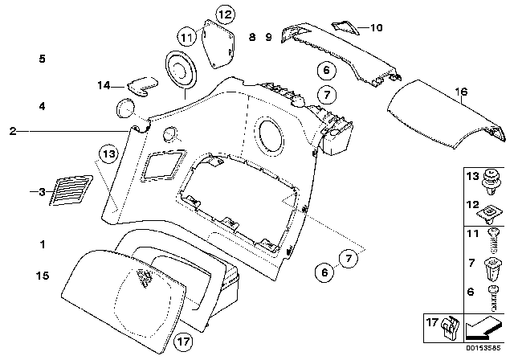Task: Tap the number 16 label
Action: (x=459, y=92)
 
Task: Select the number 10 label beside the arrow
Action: (x=376, y=27)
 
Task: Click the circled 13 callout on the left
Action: (x=109, y=152)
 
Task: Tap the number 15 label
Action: (x=43, y=276)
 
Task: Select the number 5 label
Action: (x=43, y=59)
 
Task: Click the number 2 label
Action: (x=13, y=130)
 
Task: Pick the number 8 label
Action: (x=251, y=38)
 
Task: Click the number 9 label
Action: (x=269, y=38)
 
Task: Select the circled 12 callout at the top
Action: (x=224, y=14)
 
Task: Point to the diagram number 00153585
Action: (x=486, y=352)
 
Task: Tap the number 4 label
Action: (x=43, y=106)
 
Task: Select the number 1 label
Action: (x=43, y=243)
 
